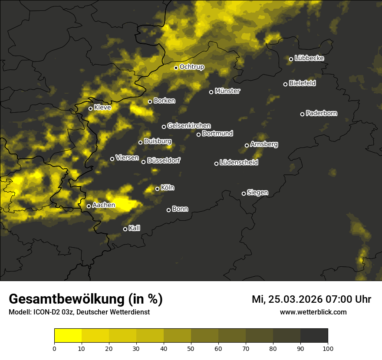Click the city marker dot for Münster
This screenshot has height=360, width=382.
point(211,92)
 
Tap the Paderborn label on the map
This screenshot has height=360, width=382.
point(322,113)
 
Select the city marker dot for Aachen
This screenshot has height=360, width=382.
point(89,206)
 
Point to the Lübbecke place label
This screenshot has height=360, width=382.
point(309,58)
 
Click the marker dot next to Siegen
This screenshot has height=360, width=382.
point(244,193)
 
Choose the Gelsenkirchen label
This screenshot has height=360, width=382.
point(189,126)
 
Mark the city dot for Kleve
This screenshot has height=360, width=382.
point(91,108)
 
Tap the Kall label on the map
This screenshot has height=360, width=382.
point(135,228)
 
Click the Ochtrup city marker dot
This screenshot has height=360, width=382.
point(176,68)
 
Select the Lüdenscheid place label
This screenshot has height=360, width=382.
point(239,163)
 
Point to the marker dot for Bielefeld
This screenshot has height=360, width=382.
point(286,84)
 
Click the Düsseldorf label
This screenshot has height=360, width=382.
point(164,160)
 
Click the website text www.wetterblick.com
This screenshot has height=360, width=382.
point(313,312)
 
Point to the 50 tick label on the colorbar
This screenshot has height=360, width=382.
point(191,348)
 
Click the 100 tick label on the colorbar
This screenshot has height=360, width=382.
point(328,348)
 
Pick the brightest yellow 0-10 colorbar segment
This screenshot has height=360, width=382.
point(68,336)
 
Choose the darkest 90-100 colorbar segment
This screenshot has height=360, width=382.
point(314,336)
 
